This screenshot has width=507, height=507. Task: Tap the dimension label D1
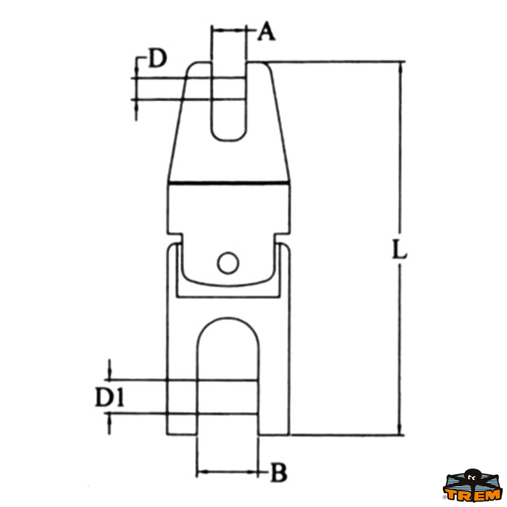point(109,398)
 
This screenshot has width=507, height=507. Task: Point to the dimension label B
point(278,473)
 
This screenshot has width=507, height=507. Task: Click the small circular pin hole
point(228,263)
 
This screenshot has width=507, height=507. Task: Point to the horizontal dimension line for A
point(228,30)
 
